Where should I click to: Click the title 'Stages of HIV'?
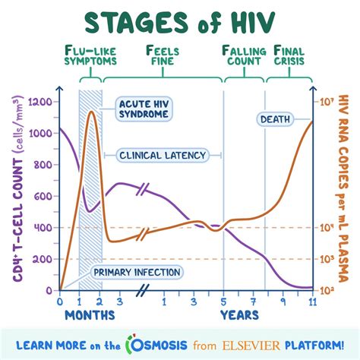(180, 23)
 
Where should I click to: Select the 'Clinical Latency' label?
(163, 155)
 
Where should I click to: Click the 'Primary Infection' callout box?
(137, 271)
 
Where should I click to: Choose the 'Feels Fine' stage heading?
(163, 56)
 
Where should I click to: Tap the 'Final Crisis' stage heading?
(291, 56)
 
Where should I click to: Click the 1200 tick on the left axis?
(44, 101)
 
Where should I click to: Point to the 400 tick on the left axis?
(46, 227)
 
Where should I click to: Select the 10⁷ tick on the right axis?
(325, 101)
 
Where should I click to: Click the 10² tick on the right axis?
(325, 289)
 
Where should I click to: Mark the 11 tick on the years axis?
(311, 301)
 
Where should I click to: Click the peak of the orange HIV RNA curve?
(91, 112)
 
